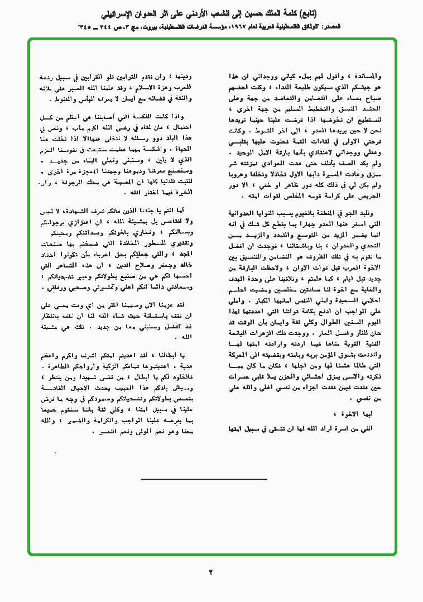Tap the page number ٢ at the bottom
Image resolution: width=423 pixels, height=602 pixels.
[211, 572]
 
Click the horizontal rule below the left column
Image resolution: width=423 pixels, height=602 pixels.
[204, 479]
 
